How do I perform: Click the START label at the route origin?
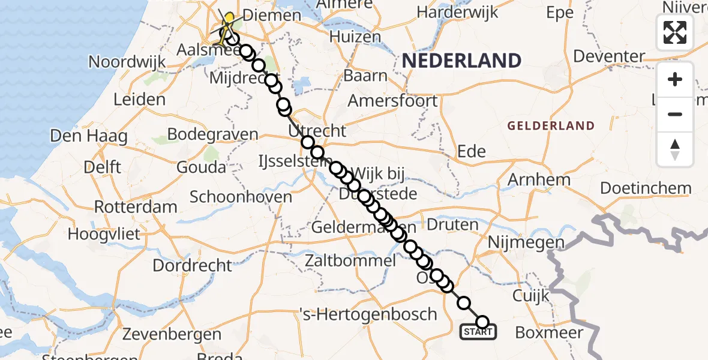pyautogui.click(x=478, y=332)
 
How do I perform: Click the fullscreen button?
pyautogui.click(x=675, y=32)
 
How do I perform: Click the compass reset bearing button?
pyautogui.click(x=675, y=149)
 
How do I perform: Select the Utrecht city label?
pyautogui.click(x=317, y=131)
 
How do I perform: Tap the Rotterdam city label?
pyautogui.click(x=136, y=208)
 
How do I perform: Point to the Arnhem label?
pyautogui.click(x=539, y=179)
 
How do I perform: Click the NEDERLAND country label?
pyautogui.click(x=461, y=61)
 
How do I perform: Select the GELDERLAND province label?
pyautogui.click(x=551, y=126)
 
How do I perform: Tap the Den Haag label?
pyautogui.click(x=89, y=136)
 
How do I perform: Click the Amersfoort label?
pyautogui.click(x=393, y=100)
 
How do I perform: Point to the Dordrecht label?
pyautogui.click(x=192, y=265)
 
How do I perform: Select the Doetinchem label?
pyautogui.click(x=646, y=188)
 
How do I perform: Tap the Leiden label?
pyautogui.click(x=139, y=99)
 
